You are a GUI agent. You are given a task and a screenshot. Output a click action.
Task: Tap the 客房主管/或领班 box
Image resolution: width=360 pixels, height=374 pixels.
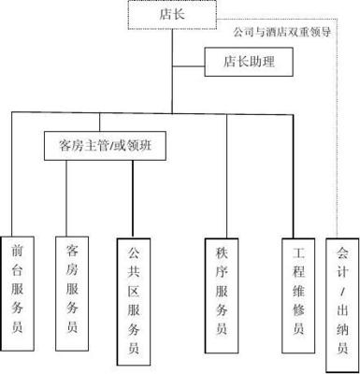click(x=102, y=146)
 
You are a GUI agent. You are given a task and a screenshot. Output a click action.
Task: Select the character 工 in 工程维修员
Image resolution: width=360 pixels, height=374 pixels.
click(x=298, y=252)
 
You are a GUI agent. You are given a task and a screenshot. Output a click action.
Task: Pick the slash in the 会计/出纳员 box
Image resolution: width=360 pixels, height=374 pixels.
click(x=341, y=295)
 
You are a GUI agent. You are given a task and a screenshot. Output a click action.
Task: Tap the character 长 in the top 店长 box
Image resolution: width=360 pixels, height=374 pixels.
click(x=178, y=14)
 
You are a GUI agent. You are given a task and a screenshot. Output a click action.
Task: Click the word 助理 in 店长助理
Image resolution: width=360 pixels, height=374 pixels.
click(x=264, y=64)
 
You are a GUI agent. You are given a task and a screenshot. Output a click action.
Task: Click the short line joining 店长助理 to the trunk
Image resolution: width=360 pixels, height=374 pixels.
click(x=187, y=64)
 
